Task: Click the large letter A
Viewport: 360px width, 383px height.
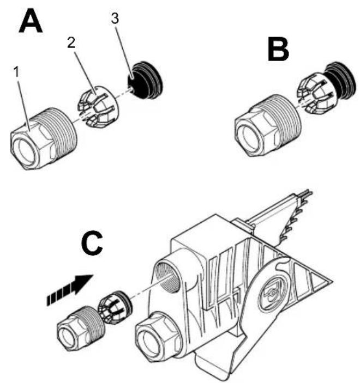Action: [x=31, y=21]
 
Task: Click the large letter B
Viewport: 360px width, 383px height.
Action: [x=278, y=50]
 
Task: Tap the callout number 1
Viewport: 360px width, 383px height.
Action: [x=16, y=72]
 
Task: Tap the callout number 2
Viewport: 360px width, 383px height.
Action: [x=71, y=44]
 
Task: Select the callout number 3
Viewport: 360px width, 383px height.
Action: [x=115, y=19]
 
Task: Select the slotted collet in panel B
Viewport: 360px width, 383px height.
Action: [x=315, y=94]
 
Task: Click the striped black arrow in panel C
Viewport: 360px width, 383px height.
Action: [x=70, y=290]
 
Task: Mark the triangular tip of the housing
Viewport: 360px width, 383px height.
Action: [x=331, y=282]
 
